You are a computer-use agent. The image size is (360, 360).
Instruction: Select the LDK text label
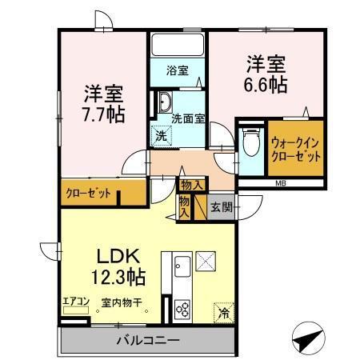(x=119, y=258)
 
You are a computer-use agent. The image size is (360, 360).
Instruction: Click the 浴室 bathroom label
(x=178, y=71)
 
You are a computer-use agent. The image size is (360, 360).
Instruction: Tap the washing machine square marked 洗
(x=161, y=136)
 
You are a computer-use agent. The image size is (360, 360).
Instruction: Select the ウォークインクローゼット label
(x=296, y=149)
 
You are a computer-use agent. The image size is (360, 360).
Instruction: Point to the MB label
(x=281, y=184)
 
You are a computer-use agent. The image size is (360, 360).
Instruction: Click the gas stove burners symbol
(x=182, y=310)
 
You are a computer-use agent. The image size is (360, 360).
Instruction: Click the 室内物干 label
(x=122, y=303)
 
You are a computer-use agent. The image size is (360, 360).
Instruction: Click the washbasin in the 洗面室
(x=164, y=102)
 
